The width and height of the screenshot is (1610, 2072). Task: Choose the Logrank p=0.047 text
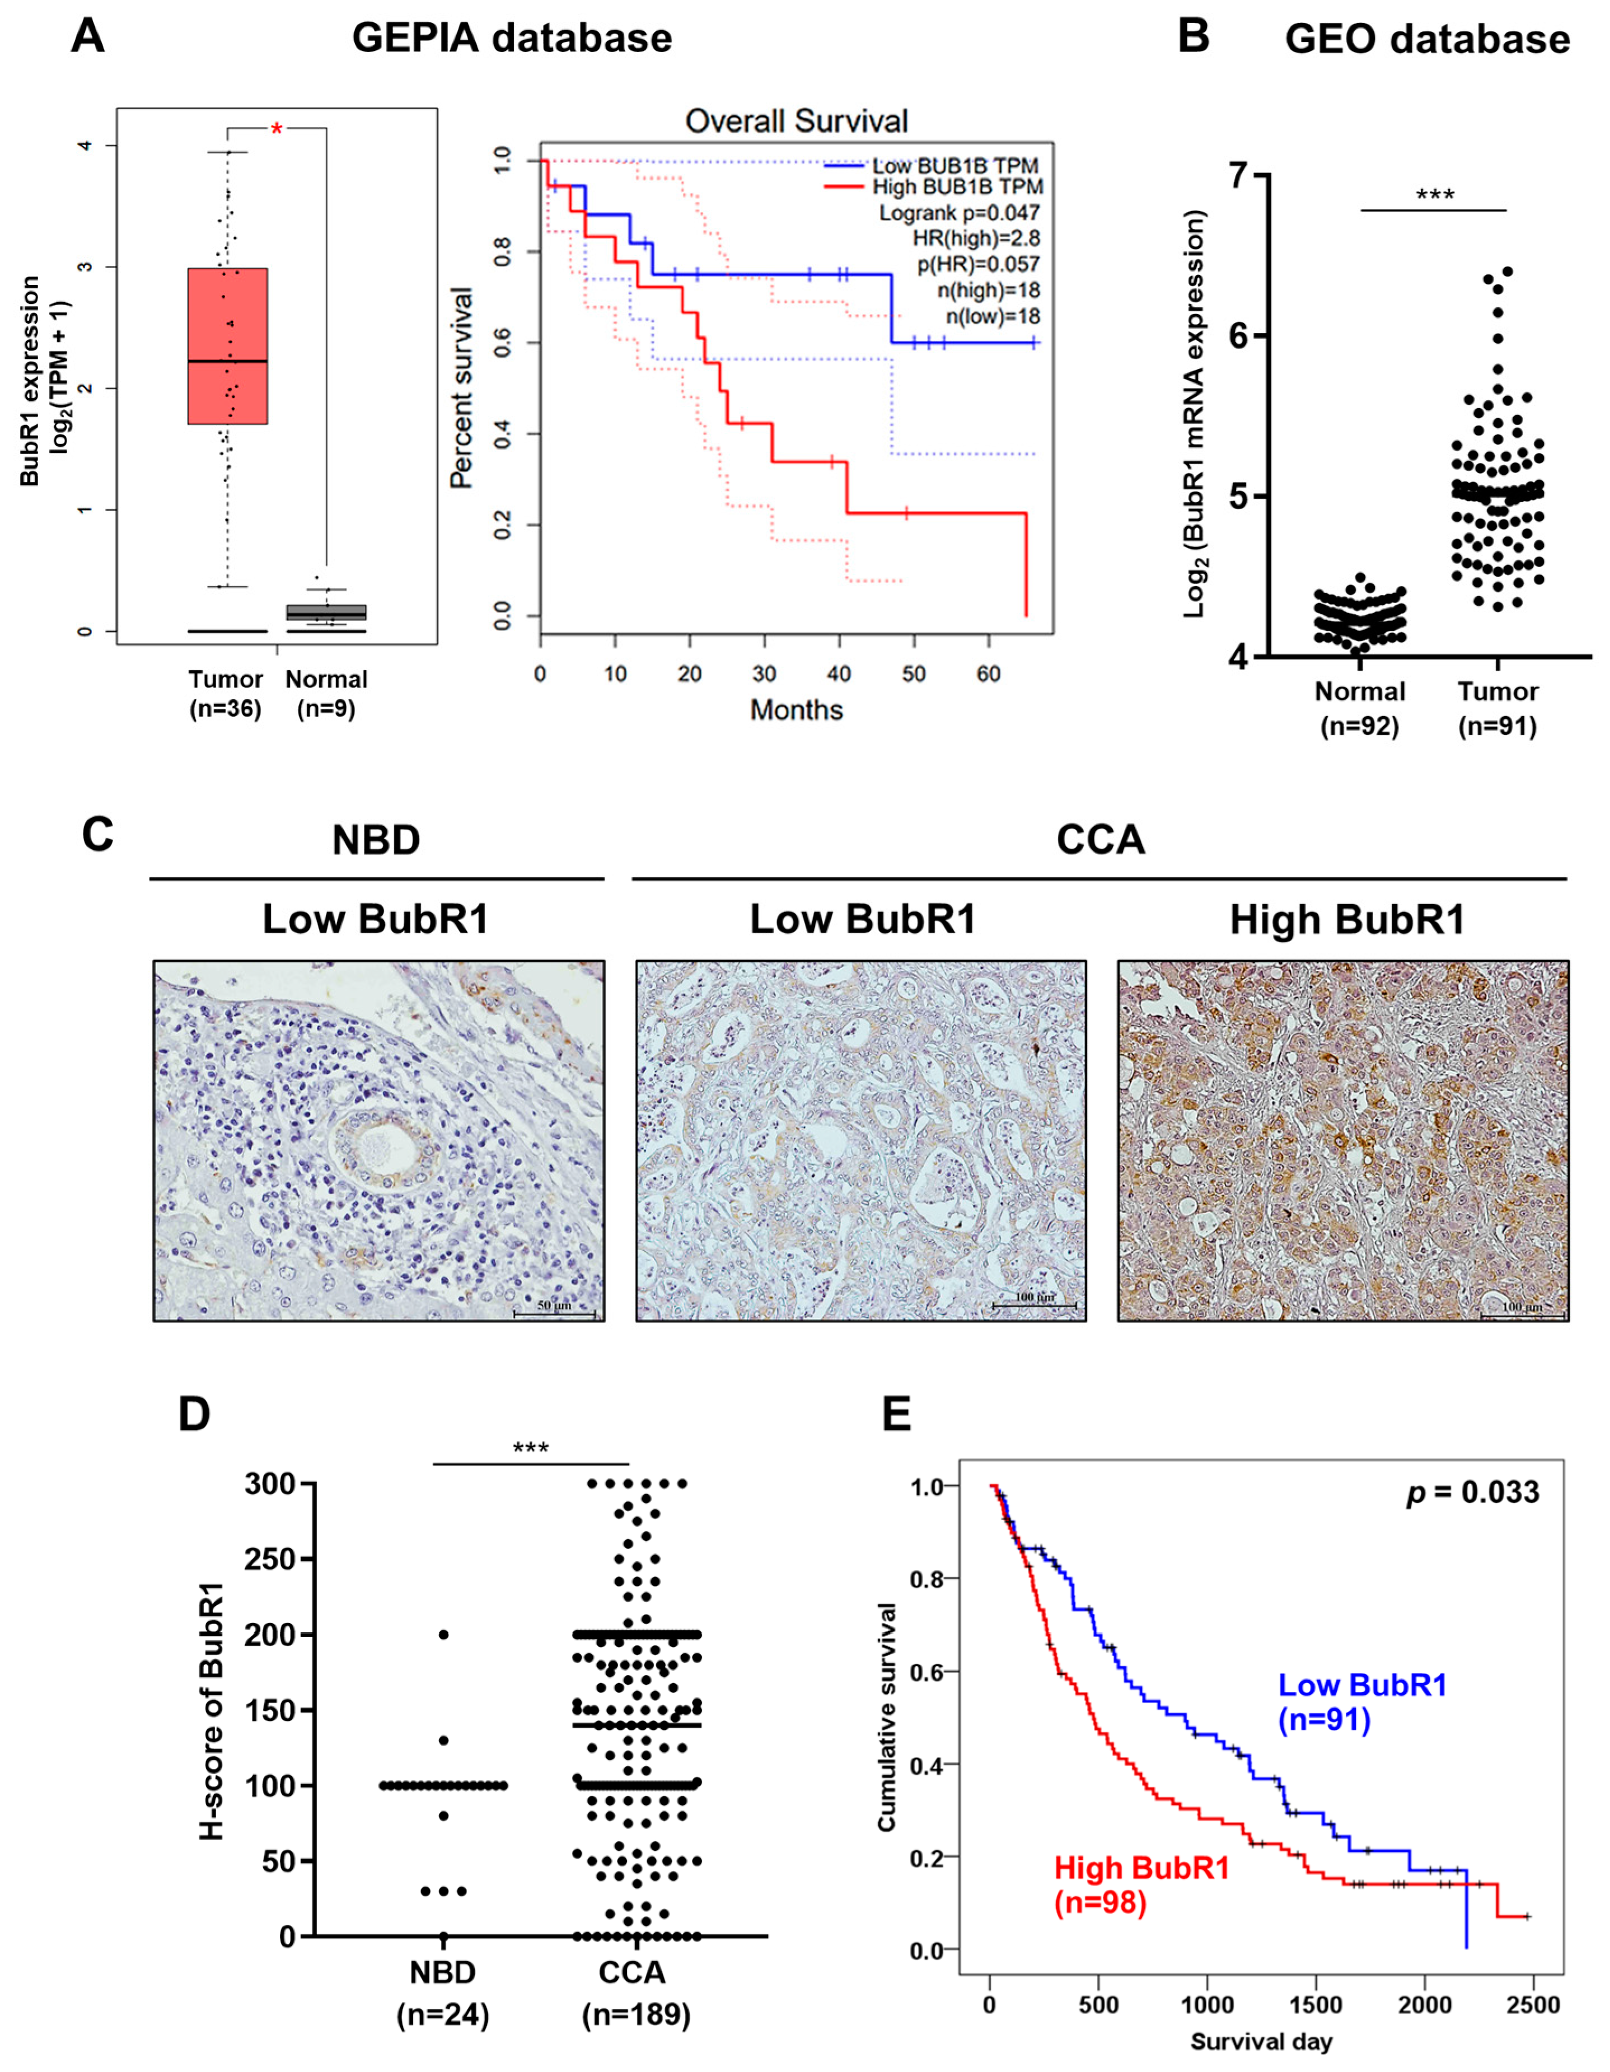[x=958, y=213]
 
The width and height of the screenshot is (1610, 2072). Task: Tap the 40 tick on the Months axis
[x=839, y=673]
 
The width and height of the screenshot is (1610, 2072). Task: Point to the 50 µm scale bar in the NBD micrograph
[x=554, y=1310]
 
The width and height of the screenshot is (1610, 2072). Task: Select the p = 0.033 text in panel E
[x=1472, y=1493]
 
